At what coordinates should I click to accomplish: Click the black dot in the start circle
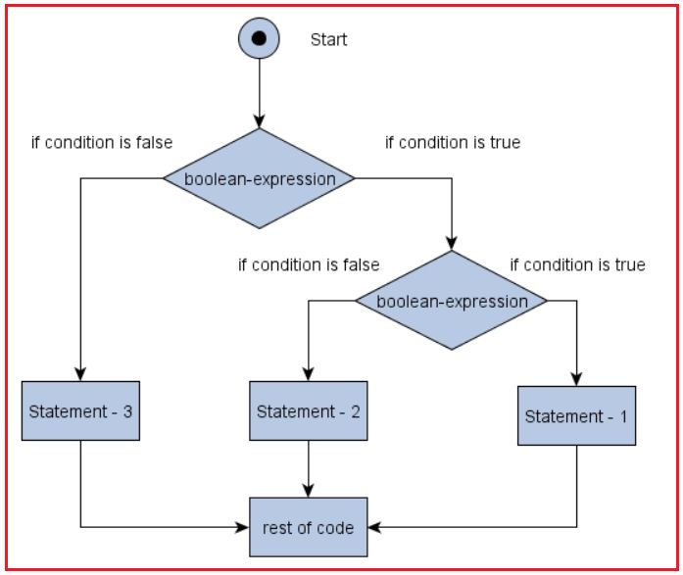coord(259,39)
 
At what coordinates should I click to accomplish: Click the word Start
coord(328,40)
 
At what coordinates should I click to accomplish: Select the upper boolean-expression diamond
coord(259,179)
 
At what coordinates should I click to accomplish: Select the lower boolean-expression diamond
coord(452,301)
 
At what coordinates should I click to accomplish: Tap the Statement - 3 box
coord(80,410)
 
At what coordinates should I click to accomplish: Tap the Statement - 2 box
coord(309,410)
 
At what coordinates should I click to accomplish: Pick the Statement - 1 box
coord(577,416)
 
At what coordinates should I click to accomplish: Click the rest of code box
coord(309,527)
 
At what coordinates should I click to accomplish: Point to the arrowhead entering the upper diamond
coord(259,123)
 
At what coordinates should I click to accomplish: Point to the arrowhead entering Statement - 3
coord(80,374)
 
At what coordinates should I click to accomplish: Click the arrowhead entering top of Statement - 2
coord(309,374)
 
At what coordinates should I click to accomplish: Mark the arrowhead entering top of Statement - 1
coord(577,380)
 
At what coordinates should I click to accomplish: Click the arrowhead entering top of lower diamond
coord(452,244)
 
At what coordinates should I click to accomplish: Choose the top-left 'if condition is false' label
coord(101,142)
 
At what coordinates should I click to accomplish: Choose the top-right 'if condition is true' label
coord(452,142)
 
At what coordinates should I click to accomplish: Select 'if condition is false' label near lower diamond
coord(308,264)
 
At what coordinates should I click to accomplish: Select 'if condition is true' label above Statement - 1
coord(577,264)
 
